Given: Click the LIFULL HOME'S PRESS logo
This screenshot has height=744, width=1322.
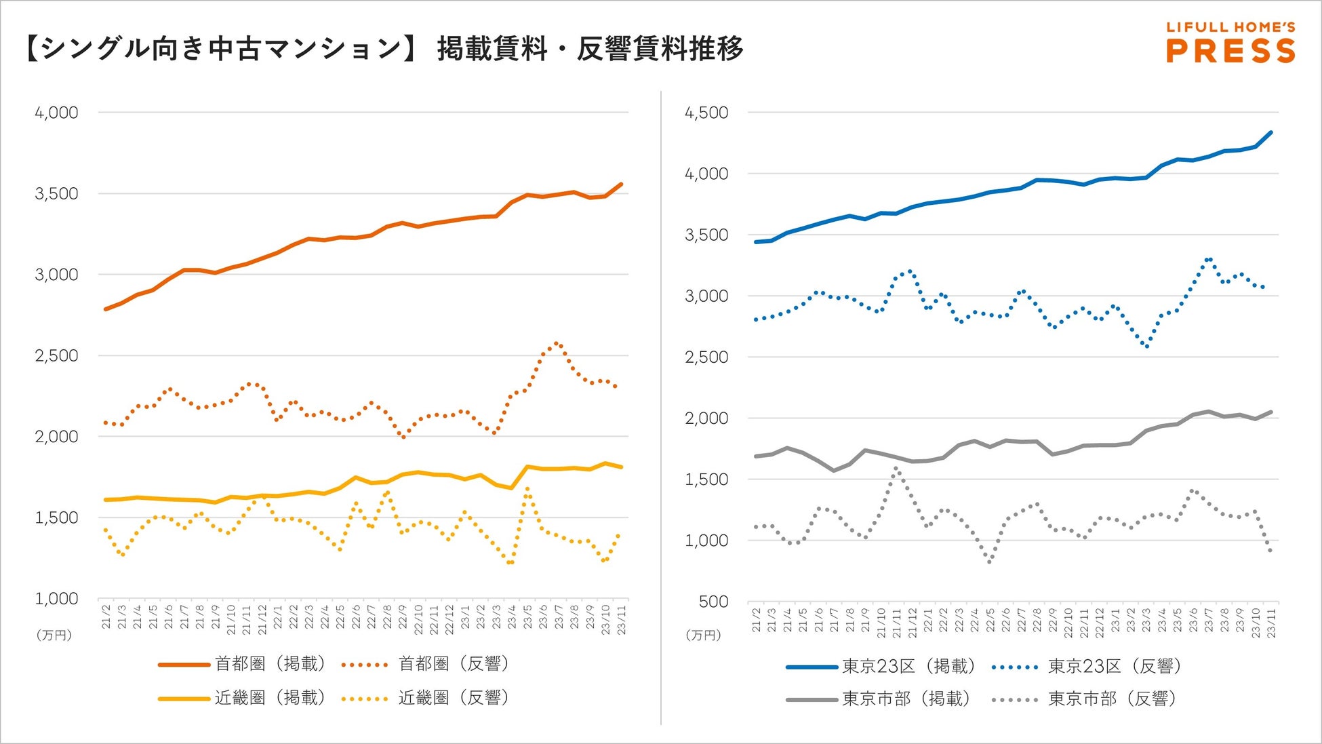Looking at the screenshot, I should tap(1230, 43).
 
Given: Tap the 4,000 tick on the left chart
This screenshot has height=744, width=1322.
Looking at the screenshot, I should tap(57, 113).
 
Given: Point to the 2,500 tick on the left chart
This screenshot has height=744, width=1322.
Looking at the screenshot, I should tap(57, 355).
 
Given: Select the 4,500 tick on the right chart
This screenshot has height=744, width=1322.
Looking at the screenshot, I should tap(706, 113).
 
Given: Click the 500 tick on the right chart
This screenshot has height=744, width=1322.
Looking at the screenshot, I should tap(713, 602).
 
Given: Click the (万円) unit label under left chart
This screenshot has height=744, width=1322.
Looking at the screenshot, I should tap(54, 635).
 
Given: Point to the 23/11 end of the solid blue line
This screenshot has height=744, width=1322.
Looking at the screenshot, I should tap(1271, 132).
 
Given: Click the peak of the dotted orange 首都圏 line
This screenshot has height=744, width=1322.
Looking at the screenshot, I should tap(557, 343).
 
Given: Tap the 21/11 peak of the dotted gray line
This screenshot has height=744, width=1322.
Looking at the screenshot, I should tap(896, 468).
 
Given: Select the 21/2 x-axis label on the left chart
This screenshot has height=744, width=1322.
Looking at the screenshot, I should tap(106, 618).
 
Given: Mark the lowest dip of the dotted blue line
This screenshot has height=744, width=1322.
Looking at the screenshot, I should tap(1146, 347).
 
